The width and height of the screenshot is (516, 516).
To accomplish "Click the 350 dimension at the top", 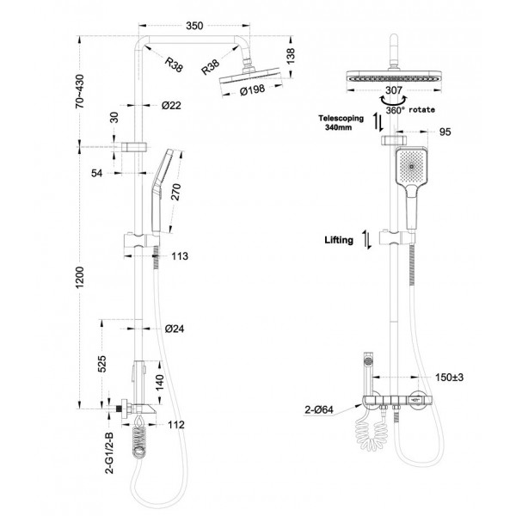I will point(194,27).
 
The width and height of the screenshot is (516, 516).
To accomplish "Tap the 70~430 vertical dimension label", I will point(80,89).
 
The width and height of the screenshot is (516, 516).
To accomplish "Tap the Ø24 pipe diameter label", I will point(173,329).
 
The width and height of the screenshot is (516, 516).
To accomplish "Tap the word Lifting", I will point(339,241).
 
